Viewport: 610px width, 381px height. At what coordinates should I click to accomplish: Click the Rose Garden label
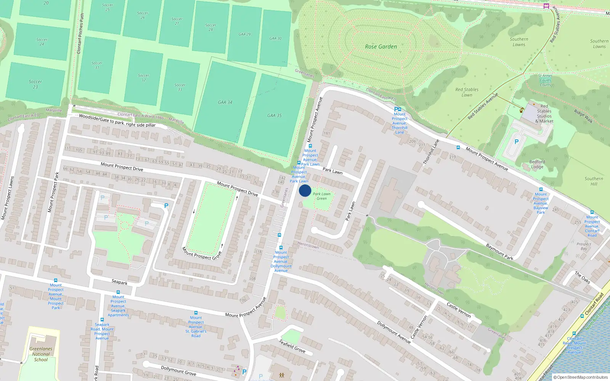(381, 46)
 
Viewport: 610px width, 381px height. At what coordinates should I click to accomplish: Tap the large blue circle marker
(305, 190)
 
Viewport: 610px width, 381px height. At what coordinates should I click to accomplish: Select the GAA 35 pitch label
(274, 115)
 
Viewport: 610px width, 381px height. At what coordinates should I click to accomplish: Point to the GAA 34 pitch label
(225, 102)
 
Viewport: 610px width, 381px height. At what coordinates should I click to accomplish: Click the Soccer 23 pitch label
(35, 84)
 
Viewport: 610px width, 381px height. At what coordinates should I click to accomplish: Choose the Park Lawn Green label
(322, 196)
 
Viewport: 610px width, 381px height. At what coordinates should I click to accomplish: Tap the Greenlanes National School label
(41, 354)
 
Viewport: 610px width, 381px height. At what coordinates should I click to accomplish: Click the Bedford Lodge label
(537, 164)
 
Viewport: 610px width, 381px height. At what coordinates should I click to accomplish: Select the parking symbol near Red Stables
(517, 142)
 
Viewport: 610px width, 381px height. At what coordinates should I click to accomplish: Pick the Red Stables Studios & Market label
(544, 114)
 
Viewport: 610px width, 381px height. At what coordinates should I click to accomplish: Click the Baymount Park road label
(499, 251)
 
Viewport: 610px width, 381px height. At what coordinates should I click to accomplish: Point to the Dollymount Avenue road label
(394, 332)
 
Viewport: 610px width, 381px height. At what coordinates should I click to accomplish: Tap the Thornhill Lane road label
(431, 152)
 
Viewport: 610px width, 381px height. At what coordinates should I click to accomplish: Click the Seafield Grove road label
(292, 346)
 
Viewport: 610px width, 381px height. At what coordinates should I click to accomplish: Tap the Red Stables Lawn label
(467, 92)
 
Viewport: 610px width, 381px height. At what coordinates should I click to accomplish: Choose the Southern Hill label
(594, 181)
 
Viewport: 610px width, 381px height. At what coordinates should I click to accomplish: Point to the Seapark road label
(119, 282)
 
